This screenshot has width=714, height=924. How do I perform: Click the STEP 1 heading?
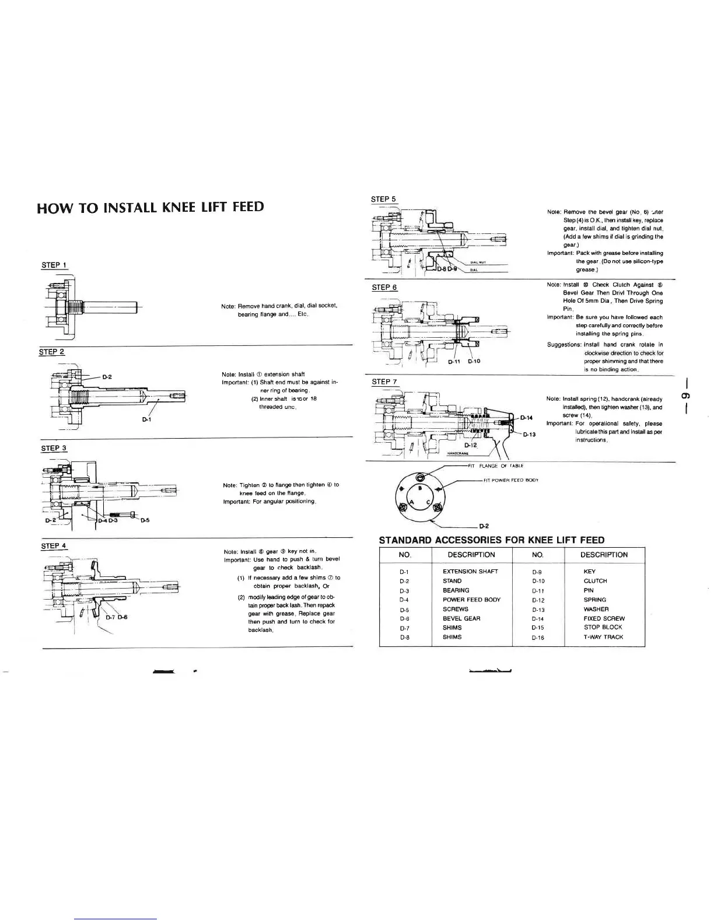54,265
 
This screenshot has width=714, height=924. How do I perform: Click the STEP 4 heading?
54,547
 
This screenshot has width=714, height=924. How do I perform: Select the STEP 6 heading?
384,288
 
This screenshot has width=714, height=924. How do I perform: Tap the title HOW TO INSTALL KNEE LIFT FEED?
150,207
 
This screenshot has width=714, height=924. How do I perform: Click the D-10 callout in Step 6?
474,361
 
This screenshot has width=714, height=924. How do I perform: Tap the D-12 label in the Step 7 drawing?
471,445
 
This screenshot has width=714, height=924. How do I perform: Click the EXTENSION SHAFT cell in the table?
470,572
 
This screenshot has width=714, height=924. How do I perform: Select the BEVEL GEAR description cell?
461,618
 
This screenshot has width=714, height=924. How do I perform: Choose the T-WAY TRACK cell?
603,637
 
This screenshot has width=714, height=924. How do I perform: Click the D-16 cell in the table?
538,638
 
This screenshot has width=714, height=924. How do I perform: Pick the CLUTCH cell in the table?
595,581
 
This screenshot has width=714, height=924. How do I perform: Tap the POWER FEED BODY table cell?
471,600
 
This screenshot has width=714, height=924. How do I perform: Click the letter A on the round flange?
411,502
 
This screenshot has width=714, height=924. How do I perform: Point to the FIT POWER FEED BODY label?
511,480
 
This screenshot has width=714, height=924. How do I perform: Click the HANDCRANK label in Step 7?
458,453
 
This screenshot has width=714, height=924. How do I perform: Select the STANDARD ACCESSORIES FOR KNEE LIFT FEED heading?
492,540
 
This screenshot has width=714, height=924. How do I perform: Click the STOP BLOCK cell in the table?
603,628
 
